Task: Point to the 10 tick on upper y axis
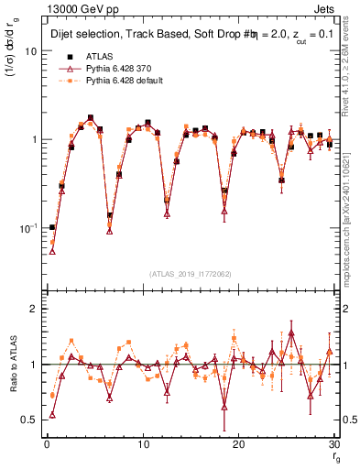(31, 51)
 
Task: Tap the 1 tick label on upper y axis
(34, 139)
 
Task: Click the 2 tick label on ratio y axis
(34, 309)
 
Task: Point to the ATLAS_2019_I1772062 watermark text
(190, 274)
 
